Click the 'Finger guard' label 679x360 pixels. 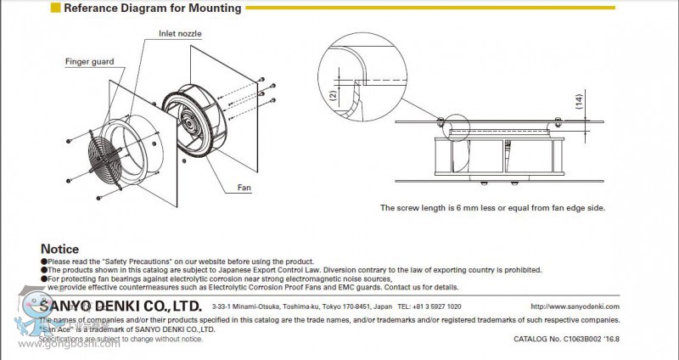pos(88,62)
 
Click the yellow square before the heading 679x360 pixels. pos(56,8)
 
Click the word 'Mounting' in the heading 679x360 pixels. pos(213,8)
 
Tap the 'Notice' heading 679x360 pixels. pos(59,249)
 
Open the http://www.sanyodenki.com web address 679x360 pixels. pos(575,307)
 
